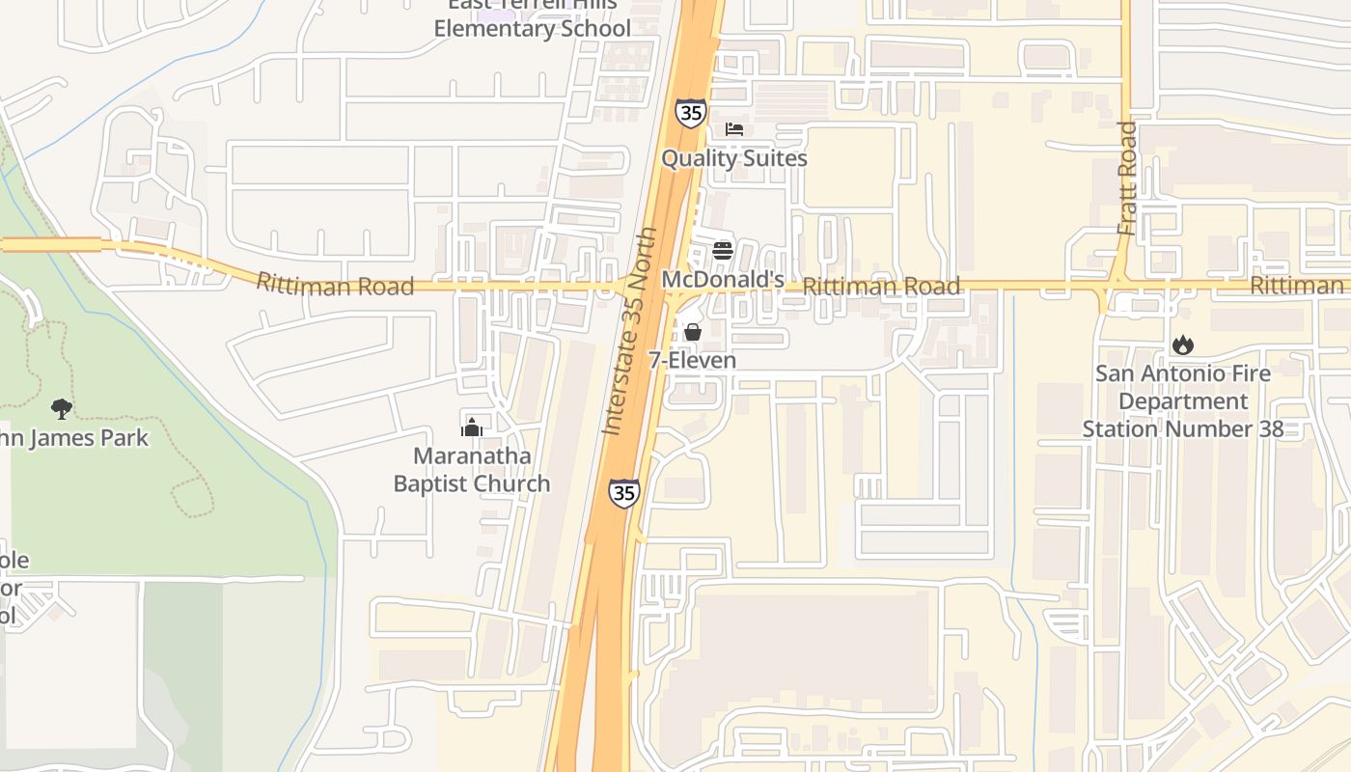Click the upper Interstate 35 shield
[690, 113]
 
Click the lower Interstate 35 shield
[623, 493]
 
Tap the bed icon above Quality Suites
[734, 129]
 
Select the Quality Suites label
[734, 158]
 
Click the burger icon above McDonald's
[723, 251]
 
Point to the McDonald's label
[723, 280]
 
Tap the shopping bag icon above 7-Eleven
[692, 333]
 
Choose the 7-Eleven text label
[692, 361]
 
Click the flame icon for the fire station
[1183, 345]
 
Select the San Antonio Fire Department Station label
[1183, 400]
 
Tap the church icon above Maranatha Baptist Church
[472, 427]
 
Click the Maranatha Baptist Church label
[472, 470]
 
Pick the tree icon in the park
[62, 409]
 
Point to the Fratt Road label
[1127, 179]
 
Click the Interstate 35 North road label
[629, 331]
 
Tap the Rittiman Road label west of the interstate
[335, 285]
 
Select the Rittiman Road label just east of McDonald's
[881, 287]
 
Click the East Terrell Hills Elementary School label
[532, 19]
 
